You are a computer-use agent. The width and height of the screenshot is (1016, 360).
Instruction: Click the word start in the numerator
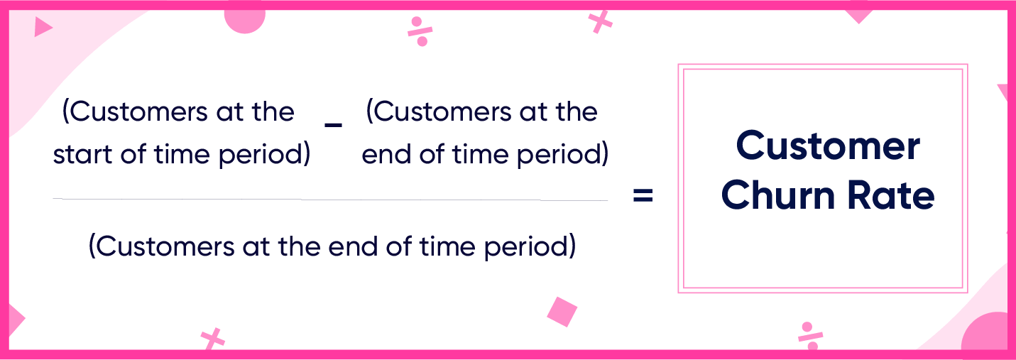(x=82, y=154)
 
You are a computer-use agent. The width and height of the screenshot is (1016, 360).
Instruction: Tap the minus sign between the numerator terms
(x=334, y=125)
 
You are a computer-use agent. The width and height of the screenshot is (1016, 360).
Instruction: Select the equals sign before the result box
(x=643, y=195)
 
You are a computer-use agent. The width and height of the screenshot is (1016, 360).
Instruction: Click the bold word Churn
(x=778, y=196)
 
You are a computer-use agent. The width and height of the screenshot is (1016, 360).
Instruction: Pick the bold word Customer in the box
(x=828, y=146)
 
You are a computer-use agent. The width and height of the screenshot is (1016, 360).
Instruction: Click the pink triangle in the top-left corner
(x=43, y=27)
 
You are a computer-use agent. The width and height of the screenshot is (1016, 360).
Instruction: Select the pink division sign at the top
(x=420, y=31)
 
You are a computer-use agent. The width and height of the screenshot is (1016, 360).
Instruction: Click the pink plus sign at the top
(x=600, y=21)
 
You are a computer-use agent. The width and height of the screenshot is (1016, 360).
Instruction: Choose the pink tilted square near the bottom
(x=562, y=312)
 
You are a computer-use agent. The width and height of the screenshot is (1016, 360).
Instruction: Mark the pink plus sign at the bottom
(x=212, y=339)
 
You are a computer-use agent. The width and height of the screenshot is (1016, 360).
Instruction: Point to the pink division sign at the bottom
(x=810, y=336)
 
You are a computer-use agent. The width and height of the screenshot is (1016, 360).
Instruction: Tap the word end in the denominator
(x=353, y=246)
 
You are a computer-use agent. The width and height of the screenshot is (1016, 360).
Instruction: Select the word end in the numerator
(x=387, y=154)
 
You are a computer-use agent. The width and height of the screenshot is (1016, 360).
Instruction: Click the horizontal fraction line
(x=330, y=199)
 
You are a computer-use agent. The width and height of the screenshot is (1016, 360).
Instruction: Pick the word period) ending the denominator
(x=530, y=248)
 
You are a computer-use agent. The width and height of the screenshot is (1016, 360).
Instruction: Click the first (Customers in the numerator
(x=135, y=111)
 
